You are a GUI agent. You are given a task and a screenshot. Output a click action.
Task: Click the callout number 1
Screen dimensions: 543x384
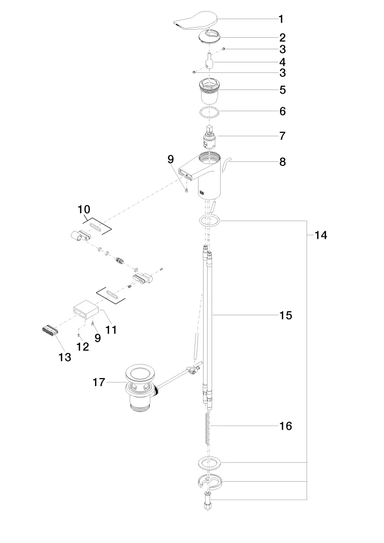[281, 20]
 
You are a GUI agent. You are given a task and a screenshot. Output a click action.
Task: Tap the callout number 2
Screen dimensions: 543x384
[282, 37]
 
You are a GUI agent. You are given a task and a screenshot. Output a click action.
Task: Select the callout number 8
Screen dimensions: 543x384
[282, 162]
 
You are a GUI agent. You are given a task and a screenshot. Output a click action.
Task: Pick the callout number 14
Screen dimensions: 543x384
[321, 235]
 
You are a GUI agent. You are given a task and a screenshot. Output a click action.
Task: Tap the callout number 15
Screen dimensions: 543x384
[285, 315]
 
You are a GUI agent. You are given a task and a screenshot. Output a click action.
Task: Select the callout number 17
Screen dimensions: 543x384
[99, 383]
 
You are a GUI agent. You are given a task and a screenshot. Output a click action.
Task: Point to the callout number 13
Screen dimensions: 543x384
[64, 357]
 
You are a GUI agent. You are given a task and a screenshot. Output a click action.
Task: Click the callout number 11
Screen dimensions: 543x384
[111, 330]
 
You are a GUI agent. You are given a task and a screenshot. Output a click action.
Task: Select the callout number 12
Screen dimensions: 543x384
[82, 346]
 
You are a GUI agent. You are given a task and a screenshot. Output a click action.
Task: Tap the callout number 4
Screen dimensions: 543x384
[282, 62]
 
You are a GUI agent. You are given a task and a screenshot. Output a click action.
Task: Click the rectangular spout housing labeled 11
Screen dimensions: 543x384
[84, 312]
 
